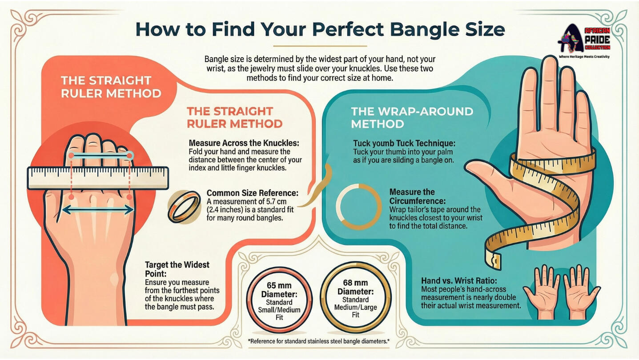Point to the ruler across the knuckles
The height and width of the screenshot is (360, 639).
coord(98,178)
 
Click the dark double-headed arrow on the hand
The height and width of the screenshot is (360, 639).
coord(98,210)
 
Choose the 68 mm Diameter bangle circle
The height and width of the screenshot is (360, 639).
coord(355,297)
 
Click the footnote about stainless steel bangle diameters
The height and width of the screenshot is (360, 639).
coord(319,340)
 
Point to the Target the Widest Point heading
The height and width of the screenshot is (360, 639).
coord(177,269)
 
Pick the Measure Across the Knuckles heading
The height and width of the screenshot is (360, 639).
coord(244,143)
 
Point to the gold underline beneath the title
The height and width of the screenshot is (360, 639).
coord(320,46)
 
